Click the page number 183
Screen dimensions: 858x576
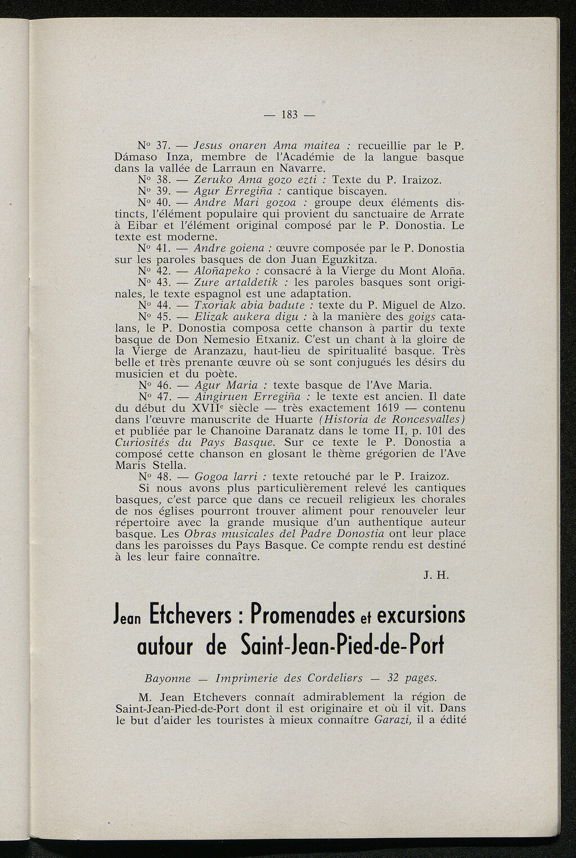click(x=289, y=114)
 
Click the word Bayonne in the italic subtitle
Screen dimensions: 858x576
click(x=168, y=678)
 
